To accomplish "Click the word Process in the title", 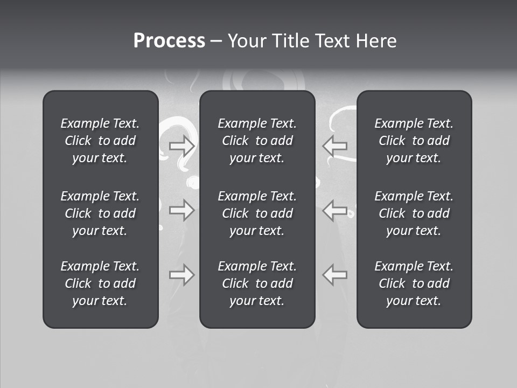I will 169,41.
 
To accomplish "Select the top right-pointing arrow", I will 181,145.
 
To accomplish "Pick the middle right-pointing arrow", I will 181,210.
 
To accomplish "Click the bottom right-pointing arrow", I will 181,275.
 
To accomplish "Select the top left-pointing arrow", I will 335,145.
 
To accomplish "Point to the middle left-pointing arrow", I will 335,210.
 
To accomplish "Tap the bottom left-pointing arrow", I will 335,275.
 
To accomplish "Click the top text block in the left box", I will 100,141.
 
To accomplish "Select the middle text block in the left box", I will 100,213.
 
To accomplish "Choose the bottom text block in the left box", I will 100,283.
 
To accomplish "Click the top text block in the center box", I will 257,141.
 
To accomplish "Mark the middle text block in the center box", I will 257,213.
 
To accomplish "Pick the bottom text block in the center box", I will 257,283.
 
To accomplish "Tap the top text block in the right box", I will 414,141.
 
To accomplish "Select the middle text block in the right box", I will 414,213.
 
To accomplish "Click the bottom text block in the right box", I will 414,283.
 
